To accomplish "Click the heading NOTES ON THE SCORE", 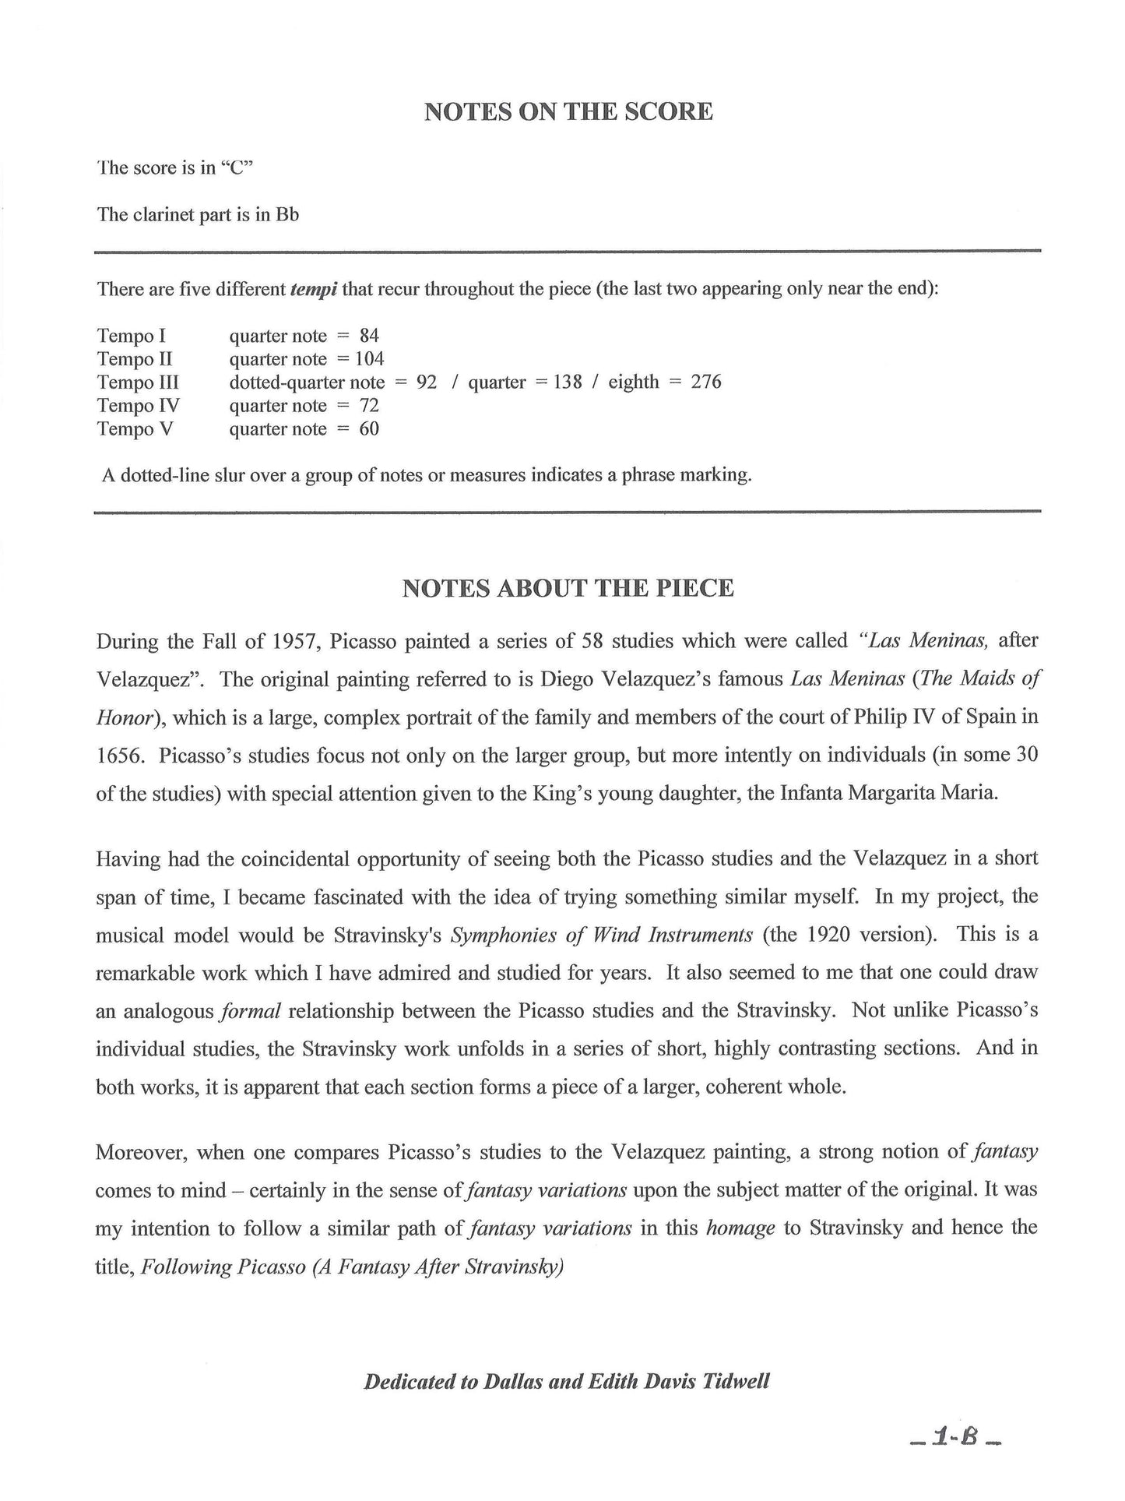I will click(x=568, y=112).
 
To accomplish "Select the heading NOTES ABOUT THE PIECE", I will click(x=568, y=588).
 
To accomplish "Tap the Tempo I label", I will click(x=132, y=336).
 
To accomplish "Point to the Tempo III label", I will click(x=138, y=382).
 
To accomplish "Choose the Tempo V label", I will click(x=134, y=429).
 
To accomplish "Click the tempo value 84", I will click(x=369, y=336).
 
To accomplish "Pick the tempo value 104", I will click(x=369, y=359).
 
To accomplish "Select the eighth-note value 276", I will click(x=705, y=382).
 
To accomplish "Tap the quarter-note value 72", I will click(x=369, y=406).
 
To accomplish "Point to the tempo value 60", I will click(x=369, y=429).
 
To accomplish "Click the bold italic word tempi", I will click(x=313, y=290).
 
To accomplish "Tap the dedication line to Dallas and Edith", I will click(x=567, y=1382).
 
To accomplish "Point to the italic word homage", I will click(x=740, y=1228).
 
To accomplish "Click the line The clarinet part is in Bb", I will click(x=198, y=214).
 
